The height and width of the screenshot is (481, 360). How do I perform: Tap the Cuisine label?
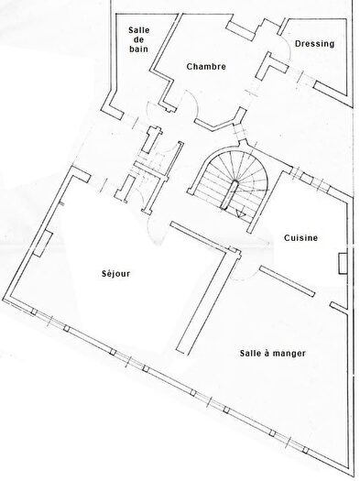click(300, 238)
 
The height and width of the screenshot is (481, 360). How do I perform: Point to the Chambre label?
click(205, 67)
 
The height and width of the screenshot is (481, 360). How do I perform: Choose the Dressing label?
click(314, 43)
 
